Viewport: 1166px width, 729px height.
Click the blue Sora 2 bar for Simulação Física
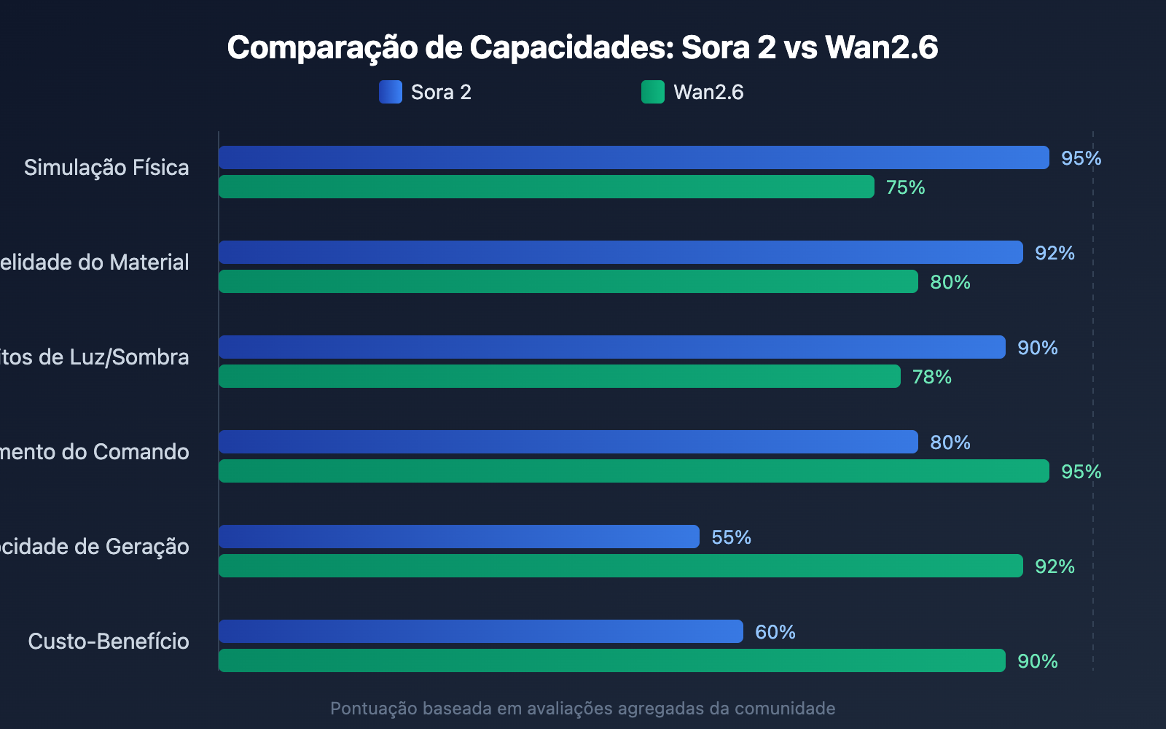point(633,157)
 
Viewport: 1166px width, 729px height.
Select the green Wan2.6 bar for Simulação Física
point(546,187)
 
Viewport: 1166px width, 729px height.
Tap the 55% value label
point(731,537)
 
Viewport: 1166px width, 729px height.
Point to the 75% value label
point(905,187)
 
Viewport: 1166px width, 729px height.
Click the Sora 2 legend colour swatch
point(390,92)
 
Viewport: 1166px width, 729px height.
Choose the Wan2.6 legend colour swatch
point(652,92)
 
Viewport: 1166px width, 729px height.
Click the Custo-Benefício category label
point(109,642)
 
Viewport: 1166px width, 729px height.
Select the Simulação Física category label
point(106,168)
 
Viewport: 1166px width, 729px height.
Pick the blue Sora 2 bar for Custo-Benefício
point(480,631)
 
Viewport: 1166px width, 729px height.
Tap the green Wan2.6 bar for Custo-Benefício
point(611,660)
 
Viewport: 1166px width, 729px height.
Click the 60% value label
point(775,632)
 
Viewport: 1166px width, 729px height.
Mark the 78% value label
point(931,377)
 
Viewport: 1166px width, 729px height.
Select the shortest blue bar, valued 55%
point(458,537)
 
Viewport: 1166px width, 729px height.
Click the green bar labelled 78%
point(559,376)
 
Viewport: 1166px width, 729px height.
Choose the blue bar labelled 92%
point(620,252)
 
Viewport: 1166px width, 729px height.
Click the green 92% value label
point(1055,566)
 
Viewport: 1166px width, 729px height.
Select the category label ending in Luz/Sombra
point(95,357)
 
